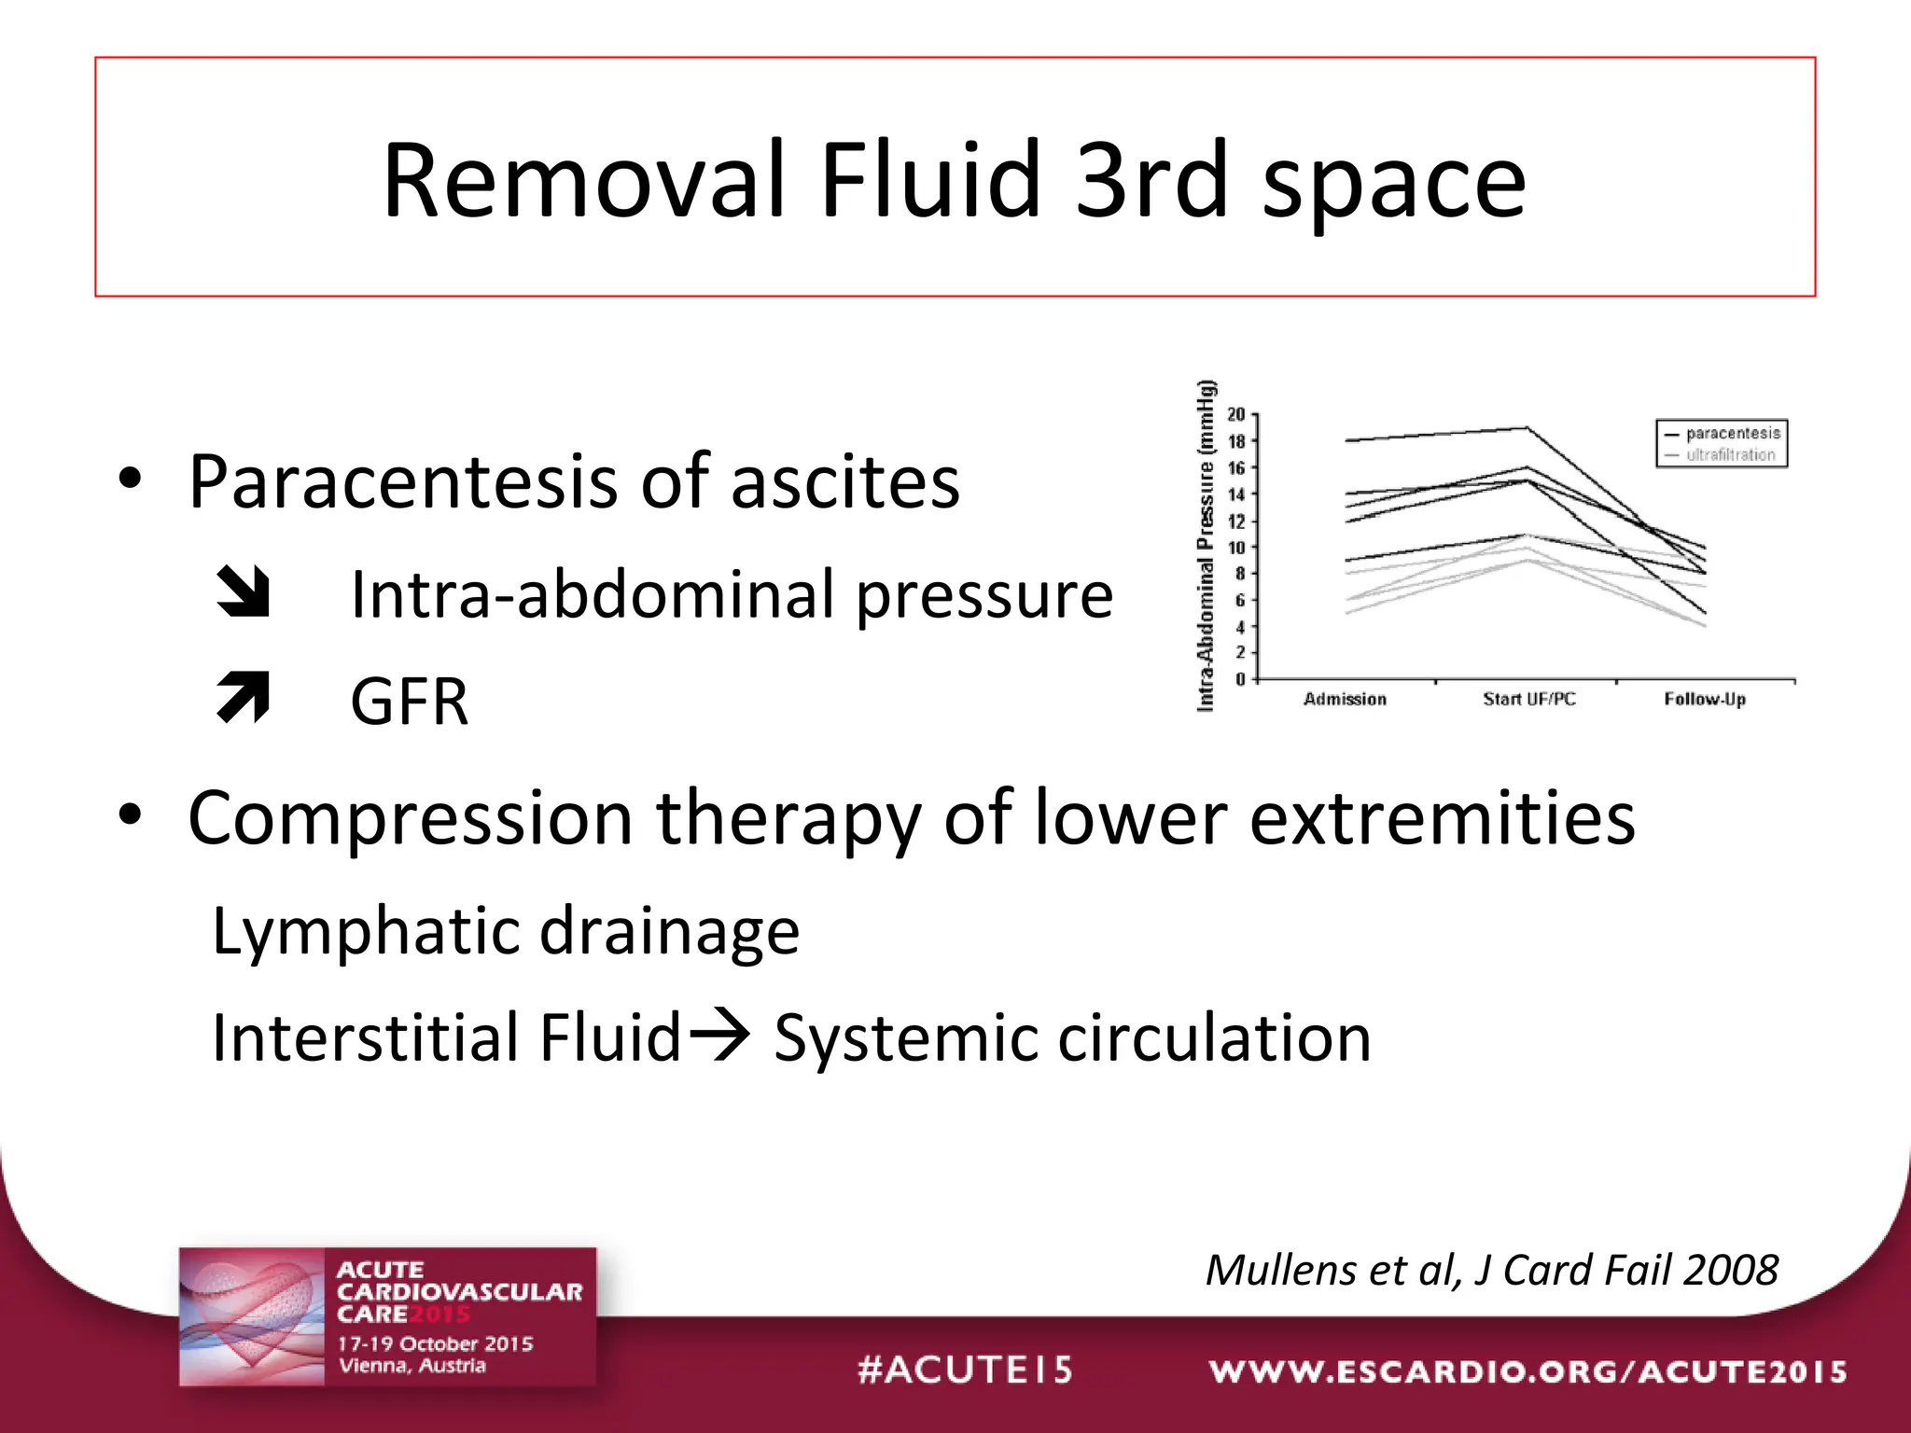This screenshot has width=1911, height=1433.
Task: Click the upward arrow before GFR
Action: coord(243,698)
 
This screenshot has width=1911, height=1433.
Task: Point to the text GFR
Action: coord(409,702)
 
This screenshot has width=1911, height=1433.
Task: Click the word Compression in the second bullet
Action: coord(411,818)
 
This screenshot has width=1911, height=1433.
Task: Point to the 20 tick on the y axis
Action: coord(1235,414)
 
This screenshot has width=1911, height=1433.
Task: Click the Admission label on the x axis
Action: coord(1345,699)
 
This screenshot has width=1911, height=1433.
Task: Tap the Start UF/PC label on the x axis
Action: coord(1528,699)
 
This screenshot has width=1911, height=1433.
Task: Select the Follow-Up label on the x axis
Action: coord(1704,699)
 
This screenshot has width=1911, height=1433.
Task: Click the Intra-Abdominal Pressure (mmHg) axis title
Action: coord(1206,546)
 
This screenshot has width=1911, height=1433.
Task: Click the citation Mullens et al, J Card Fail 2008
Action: coord(1491,1270)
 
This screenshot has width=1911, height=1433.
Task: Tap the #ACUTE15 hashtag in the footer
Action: coord(965,1370)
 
